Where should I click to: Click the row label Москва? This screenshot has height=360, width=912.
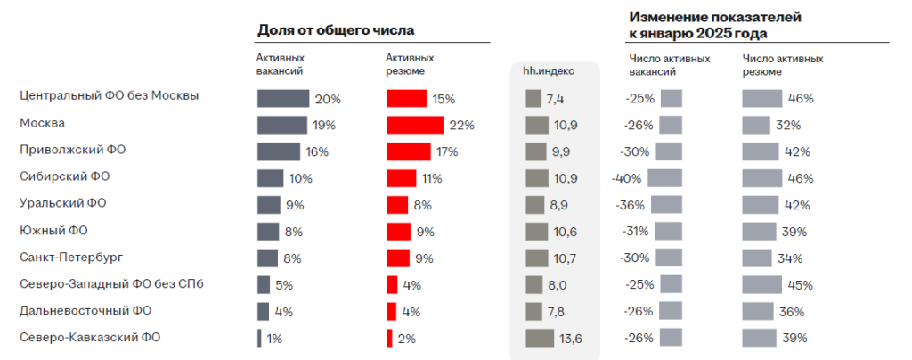[x=42, y=123]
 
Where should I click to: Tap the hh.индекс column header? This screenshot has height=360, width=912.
[x=549, y=70]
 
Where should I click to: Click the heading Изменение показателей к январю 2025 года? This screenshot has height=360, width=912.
[x=704, y=25]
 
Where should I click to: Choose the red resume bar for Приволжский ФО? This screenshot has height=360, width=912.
[x=409, y=151]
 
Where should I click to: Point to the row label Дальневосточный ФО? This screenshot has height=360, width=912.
[x=85, y=311]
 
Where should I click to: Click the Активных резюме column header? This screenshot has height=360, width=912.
[x=405, y=64]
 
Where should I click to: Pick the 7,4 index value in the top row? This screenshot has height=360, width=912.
[x=555, y=98]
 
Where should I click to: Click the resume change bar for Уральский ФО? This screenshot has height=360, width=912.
[x=761, y=205]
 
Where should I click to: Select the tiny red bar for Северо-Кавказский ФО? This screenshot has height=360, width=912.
[x=389, y=339]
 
